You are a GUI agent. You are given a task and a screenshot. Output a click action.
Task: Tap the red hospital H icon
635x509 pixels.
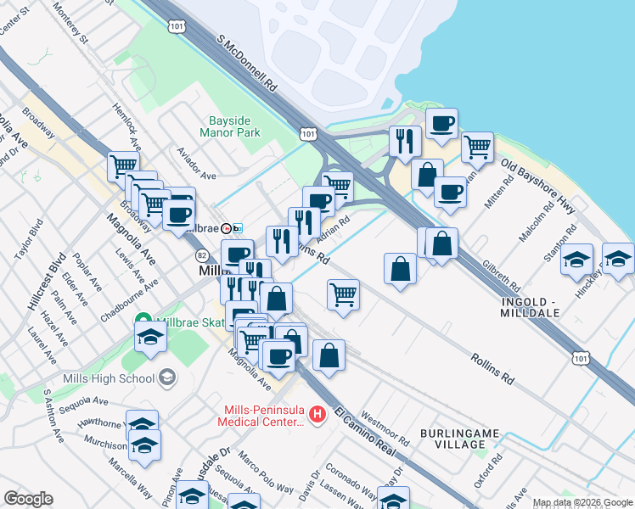click(x=317, y=414)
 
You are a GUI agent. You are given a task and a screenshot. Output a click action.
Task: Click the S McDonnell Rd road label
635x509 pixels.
click(x=247, y=64)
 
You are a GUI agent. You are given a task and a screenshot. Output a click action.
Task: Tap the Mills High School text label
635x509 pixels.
click(x=108, y=378)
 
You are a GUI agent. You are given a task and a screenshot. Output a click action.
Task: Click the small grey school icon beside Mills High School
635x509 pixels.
click(x=168, y=377)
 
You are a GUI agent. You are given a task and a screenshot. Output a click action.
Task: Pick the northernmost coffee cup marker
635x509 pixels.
click(x=441, y=123)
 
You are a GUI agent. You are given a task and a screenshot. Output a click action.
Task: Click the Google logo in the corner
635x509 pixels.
click(x=28, y=499)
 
